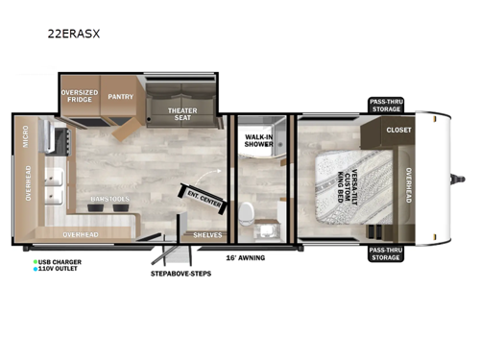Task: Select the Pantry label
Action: pos(121,97)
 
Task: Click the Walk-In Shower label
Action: pos(256,141)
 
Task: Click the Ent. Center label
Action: pos(205,199)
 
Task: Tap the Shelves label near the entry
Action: pos(207,234)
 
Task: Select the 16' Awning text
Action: pos(245,257)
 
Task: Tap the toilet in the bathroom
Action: pos(248,213)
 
